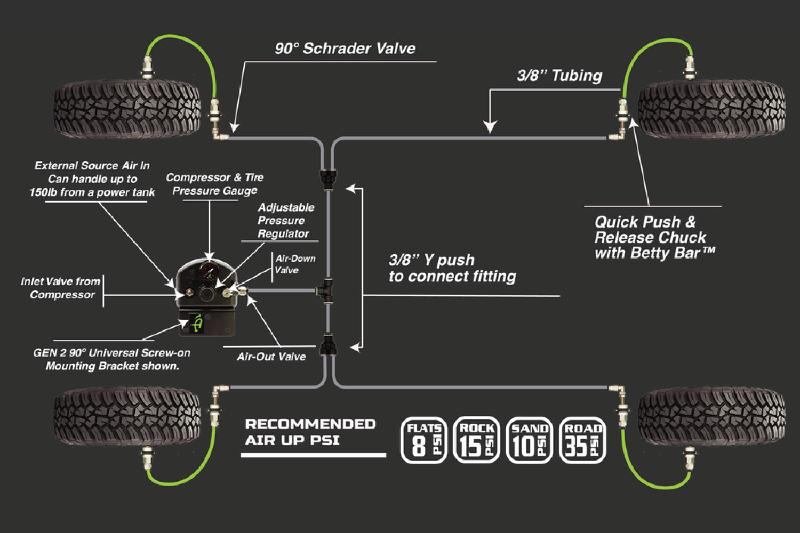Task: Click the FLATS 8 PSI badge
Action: point(423,440)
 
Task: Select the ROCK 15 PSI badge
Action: point(476,440)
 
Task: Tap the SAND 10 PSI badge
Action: point(529,440)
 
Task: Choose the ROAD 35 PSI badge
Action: point(582,440)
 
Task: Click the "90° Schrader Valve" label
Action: point(345,49)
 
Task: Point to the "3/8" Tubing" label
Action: point(559,76)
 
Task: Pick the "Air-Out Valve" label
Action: point(271,357)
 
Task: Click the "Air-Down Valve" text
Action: point(295,264)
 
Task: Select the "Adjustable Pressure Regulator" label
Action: point(285,220)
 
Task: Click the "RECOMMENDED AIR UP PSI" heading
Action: point(310,432)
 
